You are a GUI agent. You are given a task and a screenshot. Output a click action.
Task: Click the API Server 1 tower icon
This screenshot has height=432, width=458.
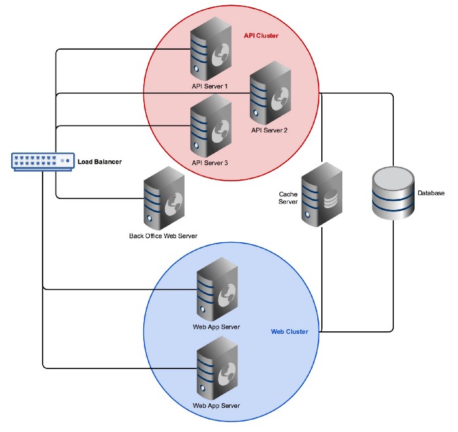click(x=210, y=48)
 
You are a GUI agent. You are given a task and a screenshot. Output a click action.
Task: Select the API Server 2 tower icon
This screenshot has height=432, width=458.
click(x=270, y=93)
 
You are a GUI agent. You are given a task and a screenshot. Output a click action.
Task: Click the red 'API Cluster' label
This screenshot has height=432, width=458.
click(x=261, y=35)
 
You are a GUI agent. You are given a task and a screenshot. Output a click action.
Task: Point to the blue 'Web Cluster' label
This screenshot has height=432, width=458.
click(x=289, y=332)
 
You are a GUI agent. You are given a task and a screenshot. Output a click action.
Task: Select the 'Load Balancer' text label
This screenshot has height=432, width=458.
click(x=100, y=162)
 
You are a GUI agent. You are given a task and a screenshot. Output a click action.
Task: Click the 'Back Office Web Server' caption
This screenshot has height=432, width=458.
click(x=163, y=236)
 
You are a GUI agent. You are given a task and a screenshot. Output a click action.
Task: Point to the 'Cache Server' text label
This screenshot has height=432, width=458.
click(x=289, y=198)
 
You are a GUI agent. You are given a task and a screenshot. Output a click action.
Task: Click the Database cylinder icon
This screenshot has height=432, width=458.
click(x=393, y=194)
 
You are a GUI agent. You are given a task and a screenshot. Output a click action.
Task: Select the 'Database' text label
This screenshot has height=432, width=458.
click(x=431, y=194)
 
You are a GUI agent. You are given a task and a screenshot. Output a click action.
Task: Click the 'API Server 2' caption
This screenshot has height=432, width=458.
click(x=270, y=130)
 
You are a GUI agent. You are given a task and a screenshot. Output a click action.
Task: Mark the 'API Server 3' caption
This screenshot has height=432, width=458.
click(x=210, y=163)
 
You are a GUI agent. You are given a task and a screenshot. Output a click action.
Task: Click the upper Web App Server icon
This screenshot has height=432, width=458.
click(x=217, y=289)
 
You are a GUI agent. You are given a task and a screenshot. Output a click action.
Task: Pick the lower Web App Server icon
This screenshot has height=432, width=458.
click(x=217, y=367)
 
